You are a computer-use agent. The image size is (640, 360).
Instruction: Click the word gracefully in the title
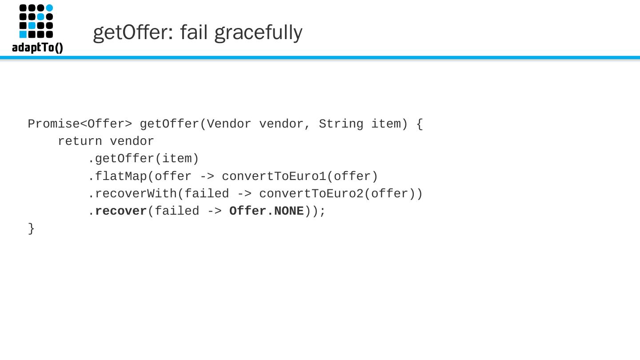[258, 32]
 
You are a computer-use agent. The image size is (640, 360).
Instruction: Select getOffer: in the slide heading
[133, 32]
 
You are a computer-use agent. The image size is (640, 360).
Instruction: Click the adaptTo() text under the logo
[37, 48]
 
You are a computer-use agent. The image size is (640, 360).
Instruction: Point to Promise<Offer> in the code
[80, 124]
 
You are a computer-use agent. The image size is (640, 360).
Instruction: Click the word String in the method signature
[341, 124]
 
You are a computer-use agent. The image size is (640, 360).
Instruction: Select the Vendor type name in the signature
[229, 124]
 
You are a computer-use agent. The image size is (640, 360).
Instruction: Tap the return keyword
[80, 141]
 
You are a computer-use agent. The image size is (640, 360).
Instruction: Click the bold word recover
[121, 211]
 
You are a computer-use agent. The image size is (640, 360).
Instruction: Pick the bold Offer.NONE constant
[267, 211]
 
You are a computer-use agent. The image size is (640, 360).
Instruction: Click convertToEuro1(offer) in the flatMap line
[300, 176]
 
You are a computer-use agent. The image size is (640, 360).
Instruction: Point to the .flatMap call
[117, 176]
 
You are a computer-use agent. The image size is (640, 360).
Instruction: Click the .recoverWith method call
[132, 194]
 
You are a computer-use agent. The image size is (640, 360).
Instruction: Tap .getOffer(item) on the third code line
[143, 159]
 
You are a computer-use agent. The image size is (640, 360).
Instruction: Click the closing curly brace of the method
[31, 228]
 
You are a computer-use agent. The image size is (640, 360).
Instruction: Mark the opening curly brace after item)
[420, 124]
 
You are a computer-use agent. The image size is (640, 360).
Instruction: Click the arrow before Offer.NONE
[214, 211]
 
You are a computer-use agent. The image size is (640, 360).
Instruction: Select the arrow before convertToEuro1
[207, 176]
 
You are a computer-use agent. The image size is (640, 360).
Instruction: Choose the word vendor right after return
[132, 141]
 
